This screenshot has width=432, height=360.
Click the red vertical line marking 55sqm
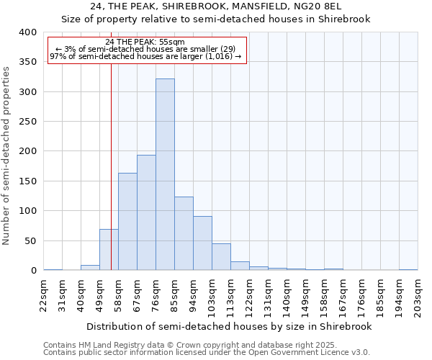[x=112, y=144]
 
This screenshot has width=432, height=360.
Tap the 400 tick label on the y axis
[x=27, y=32]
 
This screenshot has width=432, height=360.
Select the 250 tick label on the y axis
[x=27, y=122]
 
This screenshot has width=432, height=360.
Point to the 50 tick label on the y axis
[x=30, y=240]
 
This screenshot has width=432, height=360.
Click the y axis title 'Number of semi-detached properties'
[x=6, y=155]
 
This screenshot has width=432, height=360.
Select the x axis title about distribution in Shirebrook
[x=230, y=326]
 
